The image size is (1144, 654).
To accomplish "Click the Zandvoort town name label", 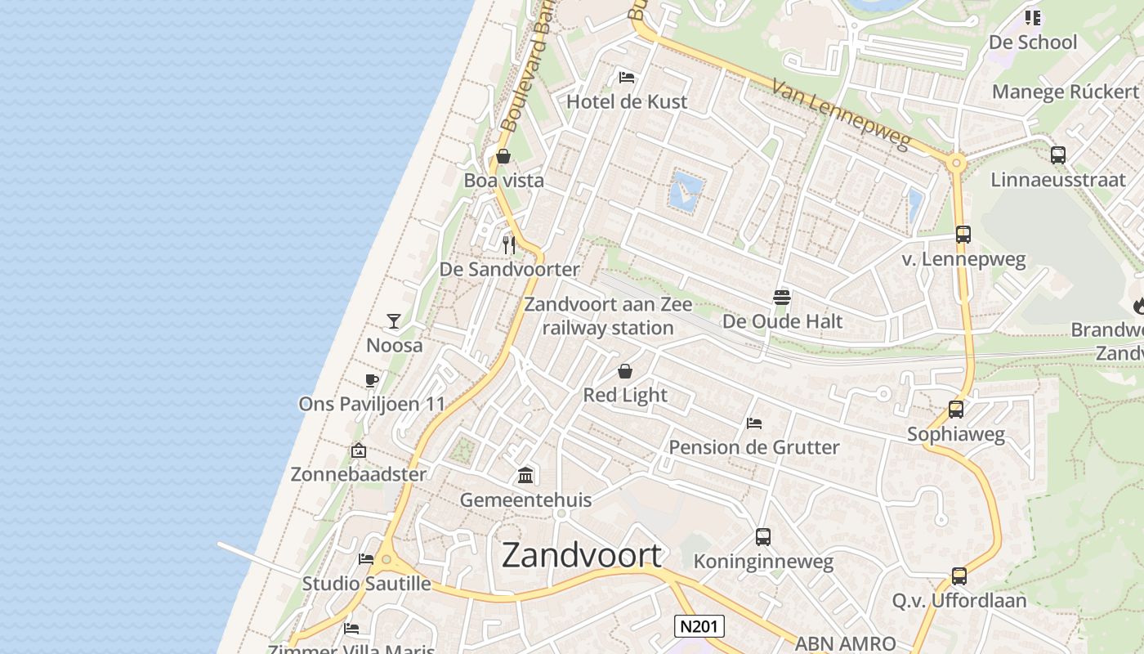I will [x=581, y=555].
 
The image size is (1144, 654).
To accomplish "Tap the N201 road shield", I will [x=699, y=627].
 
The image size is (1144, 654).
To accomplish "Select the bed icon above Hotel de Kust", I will [x=627, y=78].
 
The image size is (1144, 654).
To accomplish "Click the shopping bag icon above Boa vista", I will [x=503, y=156].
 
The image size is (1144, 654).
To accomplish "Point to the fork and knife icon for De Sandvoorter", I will [x=509, y=244].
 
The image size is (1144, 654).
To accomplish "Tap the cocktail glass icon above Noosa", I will [x=394, y=320].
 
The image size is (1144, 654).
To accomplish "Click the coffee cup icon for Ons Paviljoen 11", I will [x=372, y=380].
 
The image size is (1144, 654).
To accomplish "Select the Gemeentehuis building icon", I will [x=525, y=475].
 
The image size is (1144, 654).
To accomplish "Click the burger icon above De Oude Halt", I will [x=781, y=298].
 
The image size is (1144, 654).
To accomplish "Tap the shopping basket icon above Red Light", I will [x=625, y=371].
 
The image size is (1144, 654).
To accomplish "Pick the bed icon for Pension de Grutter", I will [x=754, y=423].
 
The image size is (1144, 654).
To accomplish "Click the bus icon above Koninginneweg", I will [x=762, y=537].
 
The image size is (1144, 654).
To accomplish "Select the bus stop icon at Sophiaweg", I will [x=955, y=410].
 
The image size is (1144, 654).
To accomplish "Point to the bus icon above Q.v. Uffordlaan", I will [x=959, y=576].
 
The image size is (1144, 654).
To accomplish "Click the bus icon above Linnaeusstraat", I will [x=1058, y=155].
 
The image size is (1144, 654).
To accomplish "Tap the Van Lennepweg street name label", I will [x=841, y=116].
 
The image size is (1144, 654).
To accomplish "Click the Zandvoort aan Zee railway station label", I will [x=607, y=316].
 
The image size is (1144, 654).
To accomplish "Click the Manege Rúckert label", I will [x=1065, y=92].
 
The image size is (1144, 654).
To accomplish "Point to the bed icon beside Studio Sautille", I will [x=366, y=559].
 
